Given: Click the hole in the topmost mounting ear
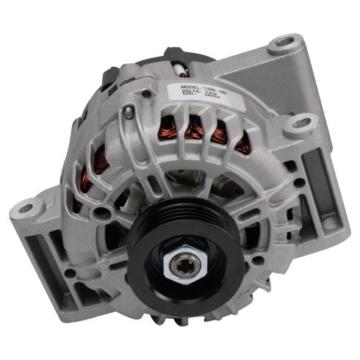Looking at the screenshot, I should [x=284, y=42].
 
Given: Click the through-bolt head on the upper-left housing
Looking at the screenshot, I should [x=130, y=111].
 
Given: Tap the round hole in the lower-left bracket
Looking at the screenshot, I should [x=70, y=273].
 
